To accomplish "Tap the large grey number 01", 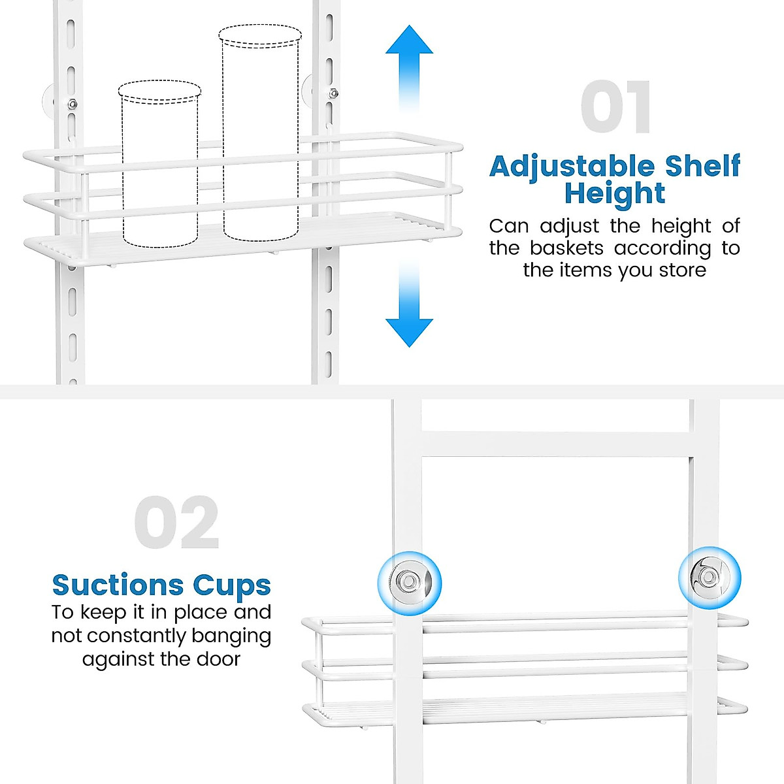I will point(615,108).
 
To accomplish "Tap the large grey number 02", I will point(176,523).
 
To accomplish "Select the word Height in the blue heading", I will point(615,194).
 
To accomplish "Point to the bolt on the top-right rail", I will point(333,93).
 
